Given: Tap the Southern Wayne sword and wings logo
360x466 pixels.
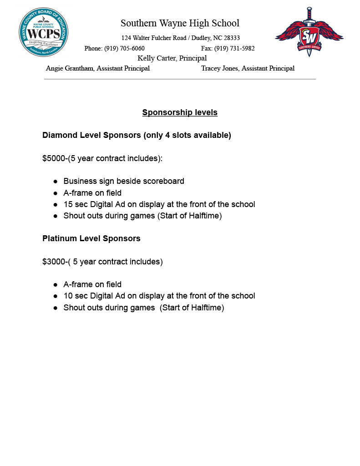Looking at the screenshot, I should [x=309, y=32].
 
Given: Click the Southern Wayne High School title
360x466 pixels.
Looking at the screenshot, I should [x=180, y=23].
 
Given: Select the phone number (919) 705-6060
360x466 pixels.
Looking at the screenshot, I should [x=124, y=49].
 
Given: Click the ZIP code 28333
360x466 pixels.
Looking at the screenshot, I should [x=232, y=38].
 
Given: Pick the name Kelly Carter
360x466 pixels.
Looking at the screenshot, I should [x=157, y=58].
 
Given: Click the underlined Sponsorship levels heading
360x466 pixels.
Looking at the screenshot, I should [x=180, y=112].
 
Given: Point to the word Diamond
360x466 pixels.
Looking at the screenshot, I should [x=58, y=135].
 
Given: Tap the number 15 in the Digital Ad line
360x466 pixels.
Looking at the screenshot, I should [x=68, y=204].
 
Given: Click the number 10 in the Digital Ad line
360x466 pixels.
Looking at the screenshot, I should [x=68, y=296].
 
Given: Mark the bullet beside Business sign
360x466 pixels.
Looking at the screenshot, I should [x=55, y=182].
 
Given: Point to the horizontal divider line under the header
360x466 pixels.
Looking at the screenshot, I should [x=180, y=79].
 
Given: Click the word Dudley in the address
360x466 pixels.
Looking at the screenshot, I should [x=200, y=38].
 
